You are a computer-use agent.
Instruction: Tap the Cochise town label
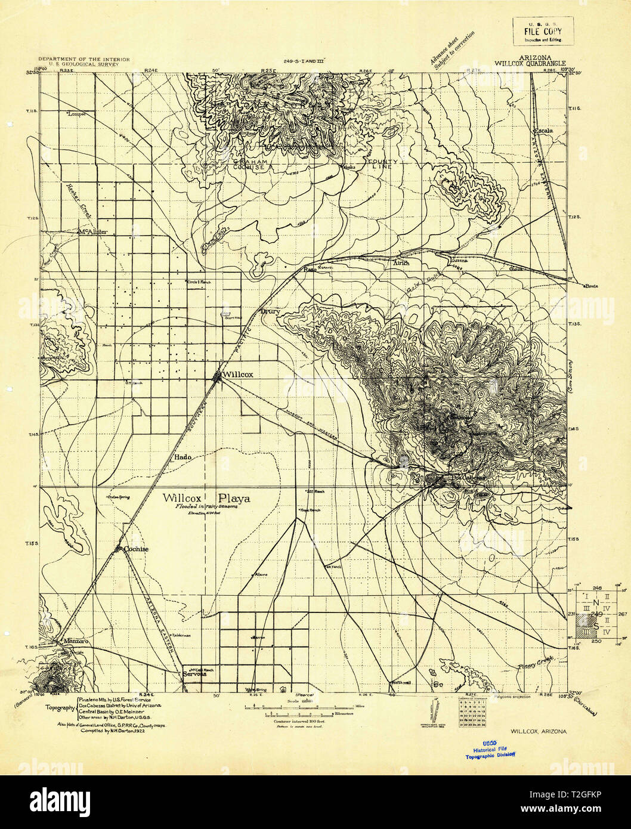[136, 549]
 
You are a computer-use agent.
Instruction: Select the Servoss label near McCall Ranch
[194, 675]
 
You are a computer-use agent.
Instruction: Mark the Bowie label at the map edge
[590, 285]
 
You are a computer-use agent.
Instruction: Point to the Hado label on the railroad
[183, 457]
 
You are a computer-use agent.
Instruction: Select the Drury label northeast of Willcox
[270, 311]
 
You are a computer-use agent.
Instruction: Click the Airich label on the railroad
[401, 262]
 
